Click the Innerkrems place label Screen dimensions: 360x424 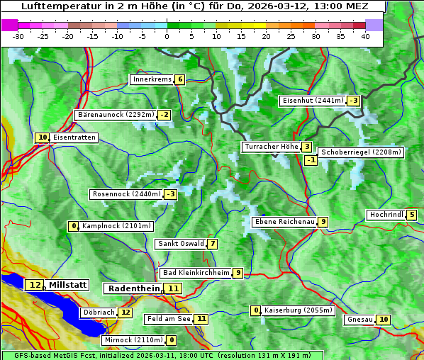point(152,79)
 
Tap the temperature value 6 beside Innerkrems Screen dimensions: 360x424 point(180,79)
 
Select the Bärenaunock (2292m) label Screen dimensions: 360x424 point(116,115)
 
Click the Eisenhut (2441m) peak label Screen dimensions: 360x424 point(313,101)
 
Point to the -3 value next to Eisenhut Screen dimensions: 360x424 point(353,101)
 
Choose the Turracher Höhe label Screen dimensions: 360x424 point(271,147)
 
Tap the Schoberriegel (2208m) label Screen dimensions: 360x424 point(361,152)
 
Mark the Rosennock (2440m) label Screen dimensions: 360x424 point(126,194)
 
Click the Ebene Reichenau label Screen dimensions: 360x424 point(284,222)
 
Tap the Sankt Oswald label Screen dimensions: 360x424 point(180,244)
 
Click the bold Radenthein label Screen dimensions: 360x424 point(134,288)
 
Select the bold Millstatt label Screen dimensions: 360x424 point(67,285)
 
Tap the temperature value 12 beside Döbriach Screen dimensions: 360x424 point(125,312)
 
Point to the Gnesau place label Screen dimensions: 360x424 point(359,320)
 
